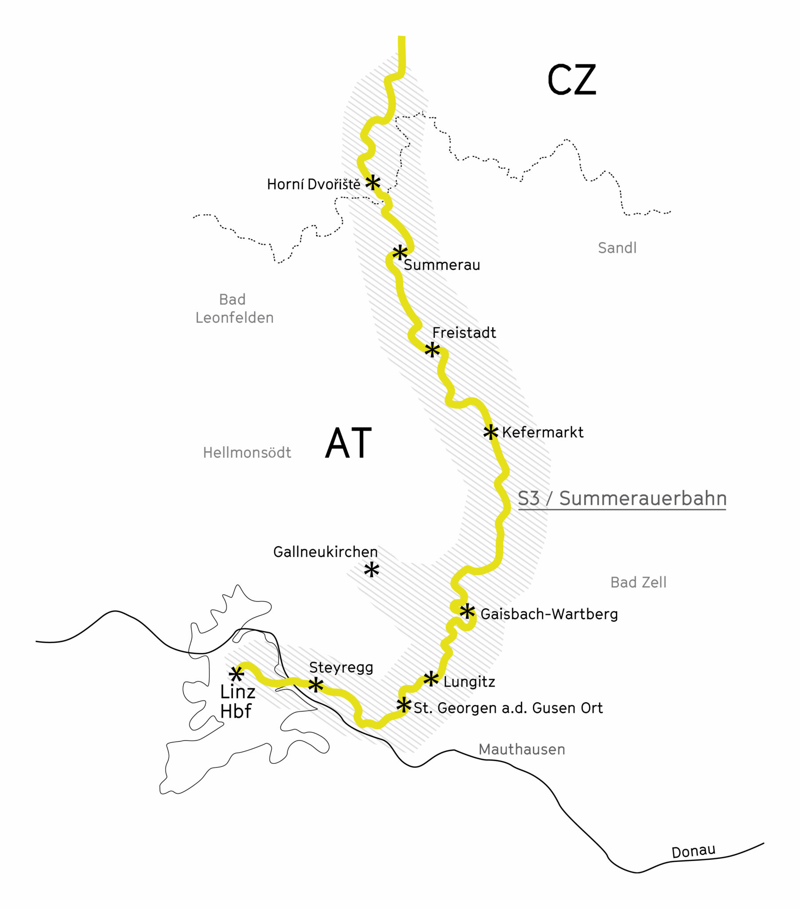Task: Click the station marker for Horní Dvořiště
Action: coord(373,182)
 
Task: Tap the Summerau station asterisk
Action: coord(400,253)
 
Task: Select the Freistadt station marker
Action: coord(432,350)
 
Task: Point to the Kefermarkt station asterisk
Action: coord(490,431)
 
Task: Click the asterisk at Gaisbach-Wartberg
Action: coord(467,612)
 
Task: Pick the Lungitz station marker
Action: coord(430,679)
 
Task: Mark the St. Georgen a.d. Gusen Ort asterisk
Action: coord(404,704)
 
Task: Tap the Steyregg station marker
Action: coord(316,685)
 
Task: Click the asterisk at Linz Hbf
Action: coord(236,674)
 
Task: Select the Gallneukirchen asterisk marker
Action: coord(371,570)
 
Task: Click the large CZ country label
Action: coord(571,80)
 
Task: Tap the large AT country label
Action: coord(348,443)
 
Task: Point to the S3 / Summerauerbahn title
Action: coord(622,498)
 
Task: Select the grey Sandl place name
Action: coord(617,248)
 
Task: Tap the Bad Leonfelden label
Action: coord(234,308)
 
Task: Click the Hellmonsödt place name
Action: coord(247,453)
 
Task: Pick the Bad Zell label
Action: coord(638,583)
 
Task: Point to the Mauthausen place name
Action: coord(521,749)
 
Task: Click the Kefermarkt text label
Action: coord(543,432)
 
